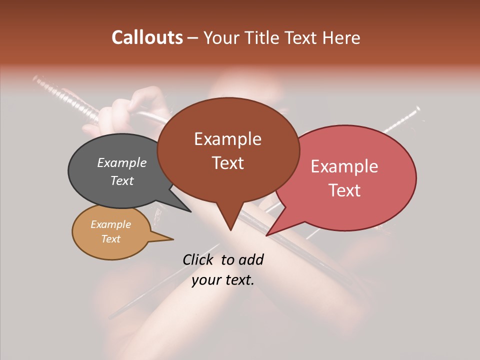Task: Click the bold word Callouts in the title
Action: coord(147,37)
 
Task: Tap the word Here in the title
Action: coord(341,37)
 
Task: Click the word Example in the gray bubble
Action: coord(122,163)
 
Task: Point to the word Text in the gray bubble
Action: coord(122,180)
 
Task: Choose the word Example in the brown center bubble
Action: coord(227,139)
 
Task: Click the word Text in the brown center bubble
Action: coord(227,163)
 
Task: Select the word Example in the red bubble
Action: coord(344,166)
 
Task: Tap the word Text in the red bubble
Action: coord(344,190)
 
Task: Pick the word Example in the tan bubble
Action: coord(110,224)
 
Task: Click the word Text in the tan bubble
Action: coord(110,239)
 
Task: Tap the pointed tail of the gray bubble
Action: coord(190,211)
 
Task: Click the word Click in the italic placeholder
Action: coord(198,259)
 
